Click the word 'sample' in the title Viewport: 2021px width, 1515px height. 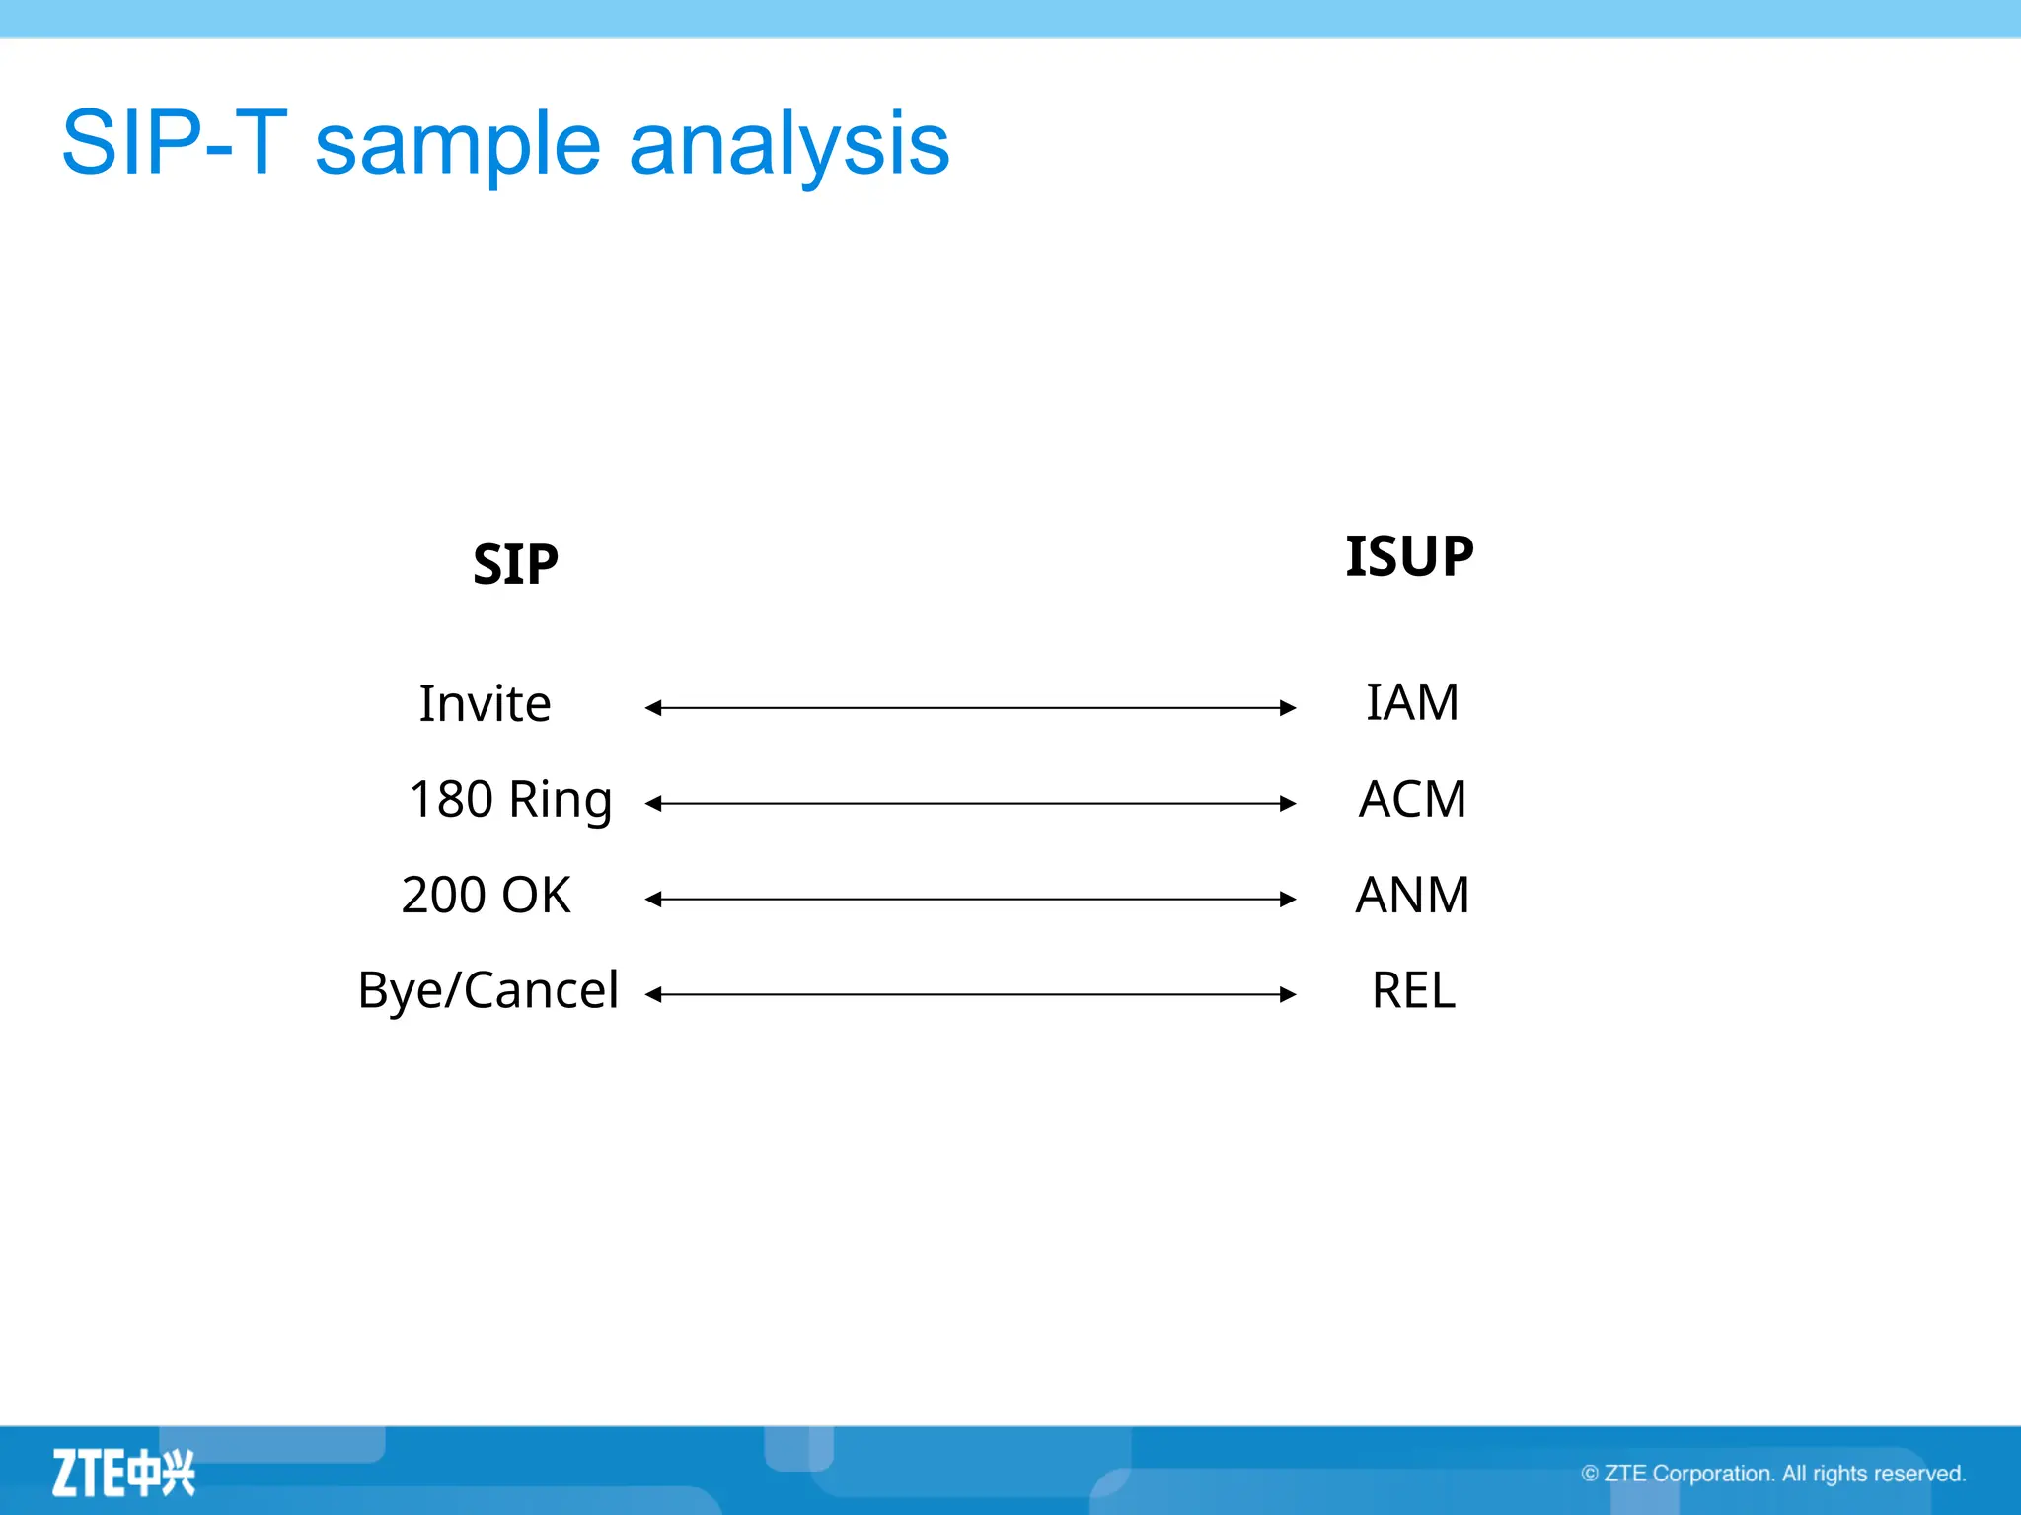click(457, 146)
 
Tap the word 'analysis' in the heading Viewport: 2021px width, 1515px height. click(788, 146)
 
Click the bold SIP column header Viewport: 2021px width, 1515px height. click(515, 565)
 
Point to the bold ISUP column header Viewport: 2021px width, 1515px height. click(1409, 556)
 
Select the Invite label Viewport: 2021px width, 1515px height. click(485, 704)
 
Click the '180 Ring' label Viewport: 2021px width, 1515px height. click(510, 800)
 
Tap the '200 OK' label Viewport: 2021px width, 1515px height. click(486, 896)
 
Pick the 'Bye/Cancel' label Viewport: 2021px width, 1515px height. click(487, 990)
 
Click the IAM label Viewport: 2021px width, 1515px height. click(1412, 703)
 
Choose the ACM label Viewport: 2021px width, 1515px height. click(1412, 799)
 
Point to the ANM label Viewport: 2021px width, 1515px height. click(1412, 896)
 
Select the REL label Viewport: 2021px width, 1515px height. click(1413, 990)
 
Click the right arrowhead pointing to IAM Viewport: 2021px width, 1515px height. click(1288, 708)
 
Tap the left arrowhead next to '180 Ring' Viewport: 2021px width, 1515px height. click(653, 804)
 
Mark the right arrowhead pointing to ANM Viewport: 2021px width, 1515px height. click(1288, 900)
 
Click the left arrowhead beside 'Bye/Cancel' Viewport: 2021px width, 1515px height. click(653, 995)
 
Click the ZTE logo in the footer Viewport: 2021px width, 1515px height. click(123, 1473)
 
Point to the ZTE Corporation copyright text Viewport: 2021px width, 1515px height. click(1773, 1474)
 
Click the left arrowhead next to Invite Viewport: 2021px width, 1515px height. click(653, 708)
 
